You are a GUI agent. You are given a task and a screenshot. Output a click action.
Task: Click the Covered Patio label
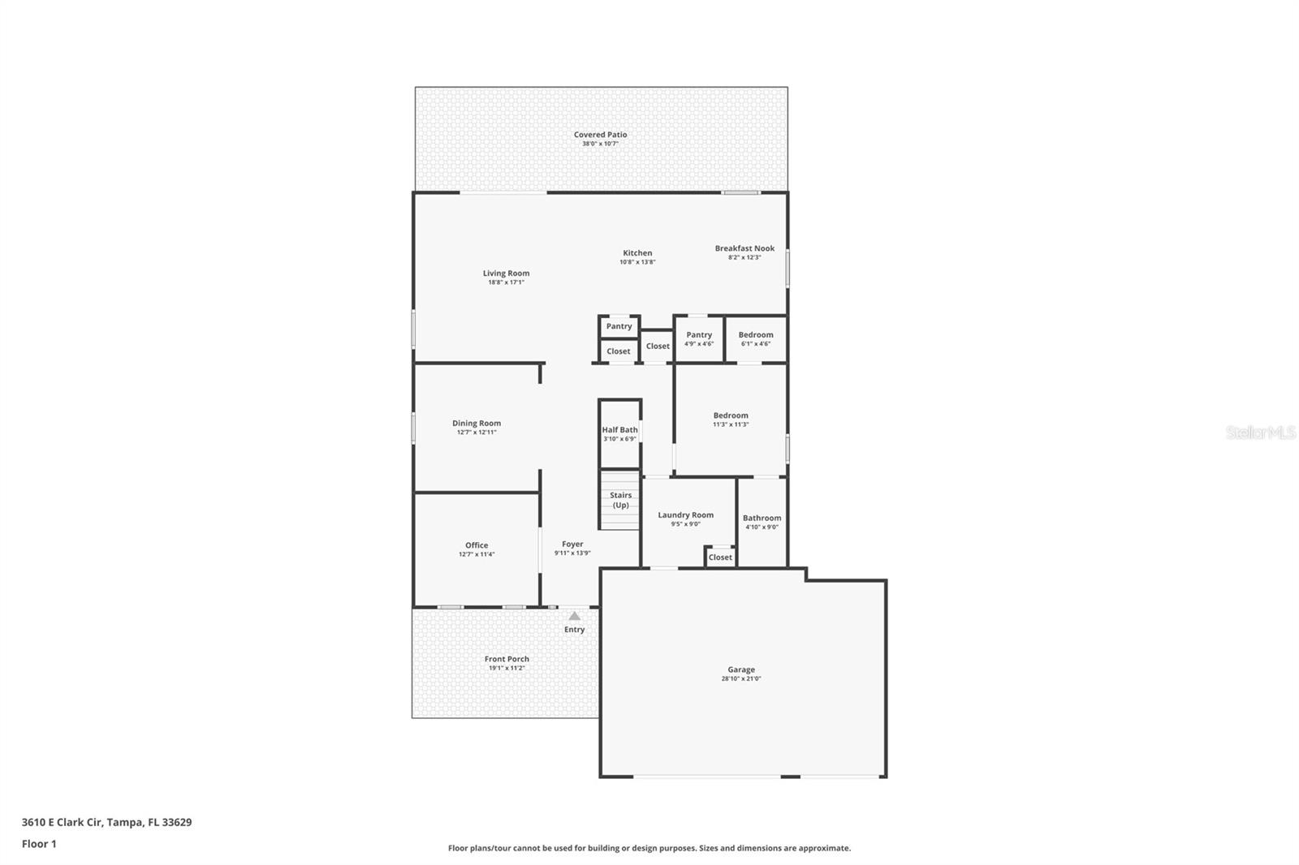point(600,135)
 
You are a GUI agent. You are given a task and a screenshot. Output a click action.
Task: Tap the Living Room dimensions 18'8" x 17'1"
point(506,282)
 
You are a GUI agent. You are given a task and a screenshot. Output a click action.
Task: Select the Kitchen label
point(637,253)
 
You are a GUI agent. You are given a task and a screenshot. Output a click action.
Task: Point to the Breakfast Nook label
point(744,248)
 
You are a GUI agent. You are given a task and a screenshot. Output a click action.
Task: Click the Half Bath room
point(619,433)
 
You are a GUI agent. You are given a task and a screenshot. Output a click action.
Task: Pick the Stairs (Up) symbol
point(620,501)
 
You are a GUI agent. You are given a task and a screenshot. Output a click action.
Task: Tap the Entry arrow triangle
point(574,616)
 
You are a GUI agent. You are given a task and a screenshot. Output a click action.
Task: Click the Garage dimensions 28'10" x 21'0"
point(741,679)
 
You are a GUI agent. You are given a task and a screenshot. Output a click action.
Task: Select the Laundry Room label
point(685,514)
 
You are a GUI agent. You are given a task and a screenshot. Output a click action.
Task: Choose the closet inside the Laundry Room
point(720,557)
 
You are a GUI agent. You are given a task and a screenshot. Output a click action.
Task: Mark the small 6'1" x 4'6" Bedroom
point(756,338)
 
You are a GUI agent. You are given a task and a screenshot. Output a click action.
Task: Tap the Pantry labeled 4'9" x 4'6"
point(699,338)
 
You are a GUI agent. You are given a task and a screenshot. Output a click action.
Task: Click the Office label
point(477,545)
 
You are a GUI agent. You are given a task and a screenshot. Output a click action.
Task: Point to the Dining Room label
point(477,423)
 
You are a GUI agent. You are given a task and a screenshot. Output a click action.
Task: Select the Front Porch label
point(507,659)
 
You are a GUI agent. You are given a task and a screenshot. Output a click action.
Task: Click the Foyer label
point(572,544)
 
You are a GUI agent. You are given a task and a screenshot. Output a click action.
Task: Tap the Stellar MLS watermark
point(1260,432)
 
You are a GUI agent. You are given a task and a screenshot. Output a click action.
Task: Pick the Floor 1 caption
point(39,844)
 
